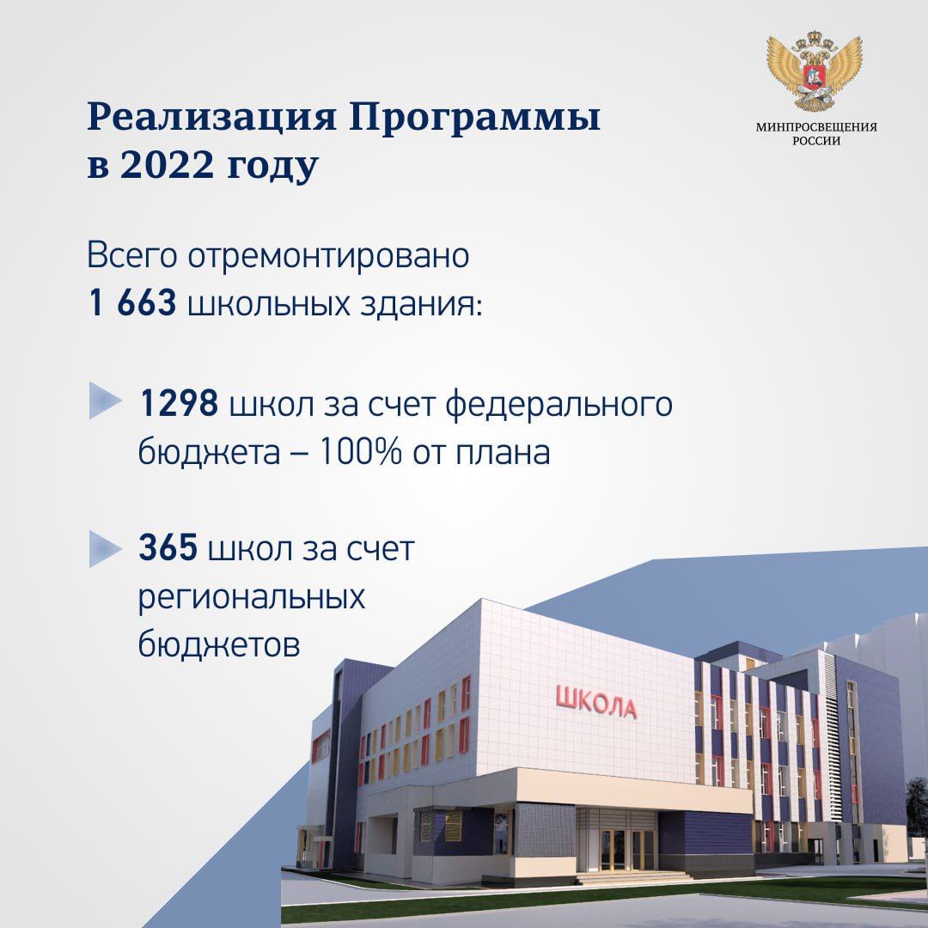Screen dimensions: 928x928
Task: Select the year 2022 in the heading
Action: [167, 165]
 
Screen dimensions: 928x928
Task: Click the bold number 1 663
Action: [132, 302]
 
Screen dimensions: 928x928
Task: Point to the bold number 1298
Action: [179, 404]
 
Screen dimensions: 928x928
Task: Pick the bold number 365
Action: [168, 547]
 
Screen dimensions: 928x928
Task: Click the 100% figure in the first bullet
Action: [360, 452]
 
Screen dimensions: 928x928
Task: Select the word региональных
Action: [252, 598]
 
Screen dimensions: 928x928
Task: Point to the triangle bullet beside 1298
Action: [104, 400]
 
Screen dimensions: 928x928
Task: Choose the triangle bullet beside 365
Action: [104, 548]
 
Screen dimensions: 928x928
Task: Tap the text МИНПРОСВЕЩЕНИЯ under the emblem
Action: [816, 126]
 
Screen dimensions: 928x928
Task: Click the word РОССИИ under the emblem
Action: [816, 141]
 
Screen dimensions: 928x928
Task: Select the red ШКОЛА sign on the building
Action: [596, 702]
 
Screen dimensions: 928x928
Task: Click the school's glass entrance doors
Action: [621, 849]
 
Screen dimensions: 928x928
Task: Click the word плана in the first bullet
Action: [503, 453]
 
